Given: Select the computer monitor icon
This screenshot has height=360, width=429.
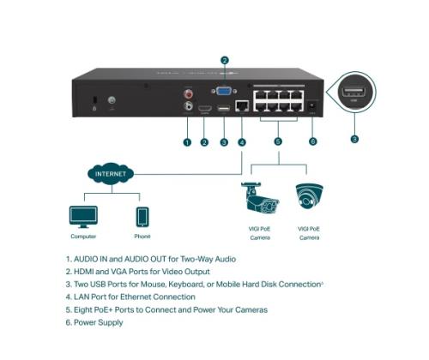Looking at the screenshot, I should [83, 215].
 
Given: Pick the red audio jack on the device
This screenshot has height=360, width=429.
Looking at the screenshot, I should [188, 93].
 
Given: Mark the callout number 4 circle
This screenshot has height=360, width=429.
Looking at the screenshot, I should [242, 141].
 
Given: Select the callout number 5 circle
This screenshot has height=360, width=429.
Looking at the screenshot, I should [276, 141].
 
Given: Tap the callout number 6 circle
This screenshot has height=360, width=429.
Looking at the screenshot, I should [312, 141].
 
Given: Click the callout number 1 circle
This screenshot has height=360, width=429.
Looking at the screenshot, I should [187, 141].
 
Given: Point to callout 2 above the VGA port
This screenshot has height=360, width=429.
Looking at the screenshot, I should [224, 61].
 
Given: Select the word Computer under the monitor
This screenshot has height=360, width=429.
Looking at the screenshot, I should [83, 237].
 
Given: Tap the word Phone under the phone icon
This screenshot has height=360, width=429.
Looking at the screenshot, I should [142, 237].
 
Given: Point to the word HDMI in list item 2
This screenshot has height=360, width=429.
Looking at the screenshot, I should [88, 271].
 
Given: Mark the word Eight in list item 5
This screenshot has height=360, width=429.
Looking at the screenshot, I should [86, 309].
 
